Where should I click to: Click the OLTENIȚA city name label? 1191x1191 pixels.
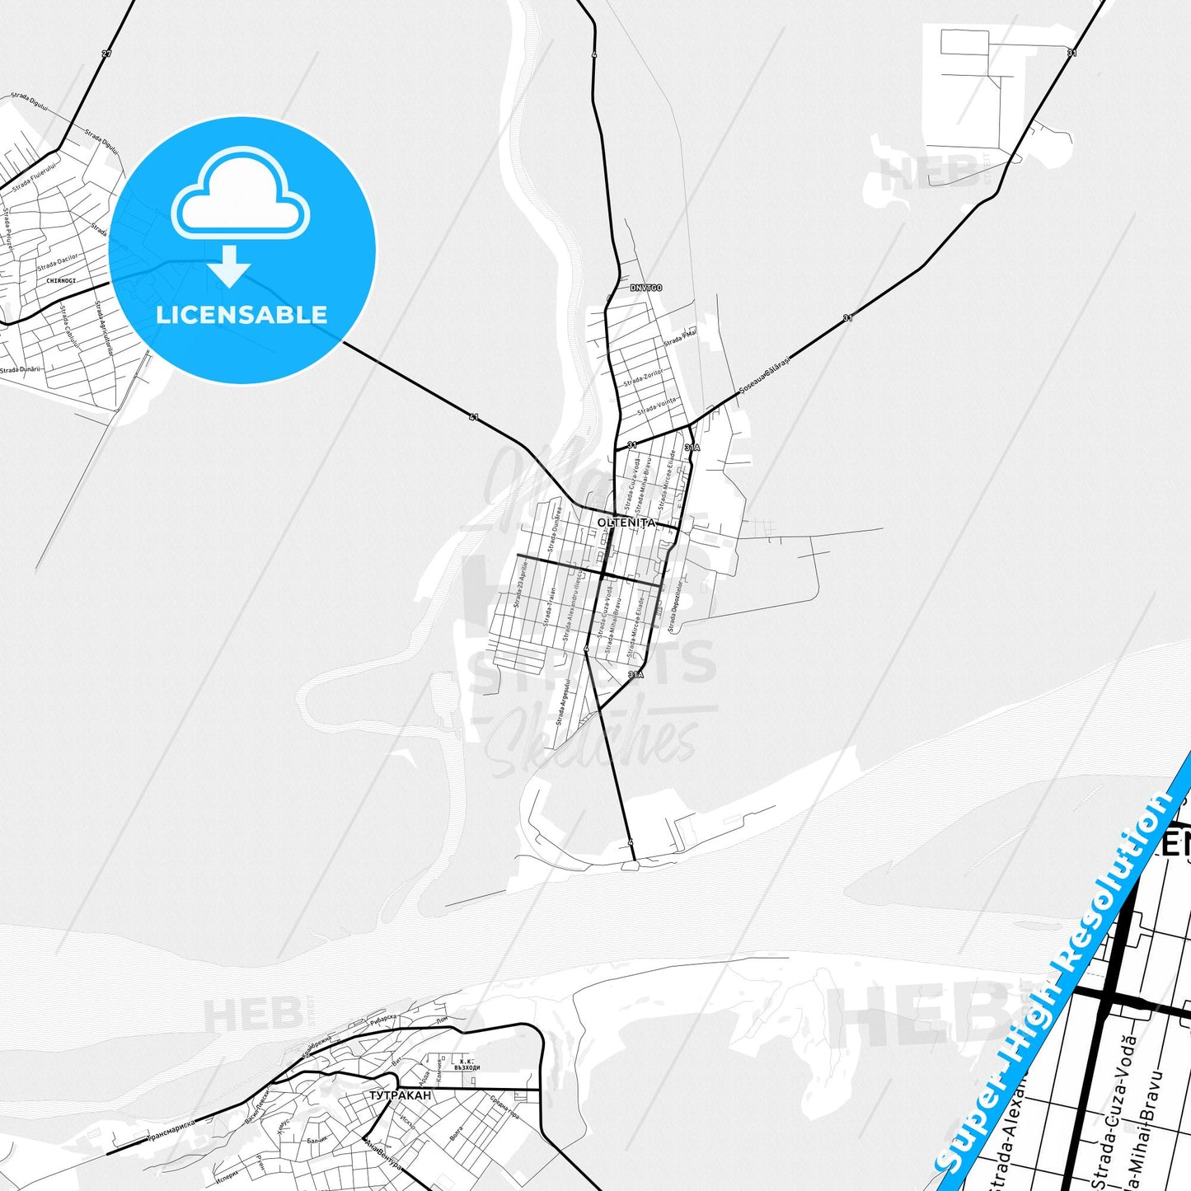pos(626,523)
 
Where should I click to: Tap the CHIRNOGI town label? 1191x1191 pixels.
pos(61,281)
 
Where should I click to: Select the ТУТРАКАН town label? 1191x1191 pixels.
pos(400,1095)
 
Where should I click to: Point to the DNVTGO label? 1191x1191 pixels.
pos(645,288)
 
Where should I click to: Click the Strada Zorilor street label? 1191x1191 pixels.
pos(643,378)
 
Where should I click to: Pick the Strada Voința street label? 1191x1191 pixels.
pos(657,406)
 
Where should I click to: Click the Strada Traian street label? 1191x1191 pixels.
pos(550,605)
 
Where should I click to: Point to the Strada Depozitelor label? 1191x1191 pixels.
pos(675,607)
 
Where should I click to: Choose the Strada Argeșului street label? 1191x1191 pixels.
pos(563,702)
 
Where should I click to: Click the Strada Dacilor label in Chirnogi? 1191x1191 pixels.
pos(58,263)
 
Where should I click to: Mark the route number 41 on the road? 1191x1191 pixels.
pos(473,418)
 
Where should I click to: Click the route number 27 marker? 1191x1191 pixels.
pos(106,54)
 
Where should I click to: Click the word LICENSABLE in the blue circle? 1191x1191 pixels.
pos(241,314)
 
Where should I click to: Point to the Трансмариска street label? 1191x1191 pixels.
pos(171,1129)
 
